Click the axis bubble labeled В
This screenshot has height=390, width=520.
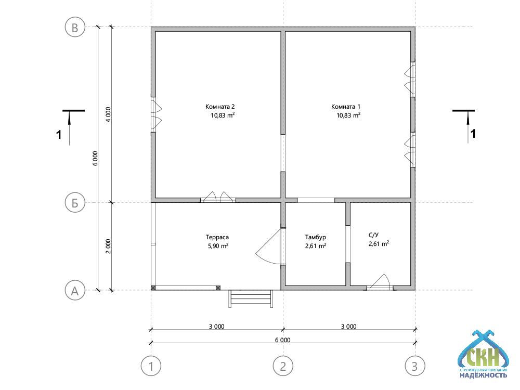click(x=75, y=27)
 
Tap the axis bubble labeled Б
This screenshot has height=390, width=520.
click(x=75, y=203)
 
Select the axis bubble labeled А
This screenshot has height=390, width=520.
click(x=75, y=290)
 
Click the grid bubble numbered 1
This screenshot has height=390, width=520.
click(x=151, y=366)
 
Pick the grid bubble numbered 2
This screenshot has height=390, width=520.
click(x=283, y=366)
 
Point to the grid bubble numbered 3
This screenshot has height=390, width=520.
click(x=415, y=366)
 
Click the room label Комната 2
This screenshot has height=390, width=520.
click(x=220, y=107)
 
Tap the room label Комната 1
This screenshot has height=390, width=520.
click(x=346, y=107)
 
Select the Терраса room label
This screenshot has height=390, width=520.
click(x=217, y=238)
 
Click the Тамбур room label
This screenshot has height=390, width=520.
click(x=316, y=238)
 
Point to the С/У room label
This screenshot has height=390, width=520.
click(x=373, y=235)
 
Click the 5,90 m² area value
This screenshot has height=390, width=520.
click(x=218, y=246)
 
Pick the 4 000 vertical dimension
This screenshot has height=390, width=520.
click(x=109, y=115)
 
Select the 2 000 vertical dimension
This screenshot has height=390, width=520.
click(x=109, y=246)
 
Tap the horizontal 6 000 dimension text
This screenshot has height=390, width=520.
click(x=282, y=340)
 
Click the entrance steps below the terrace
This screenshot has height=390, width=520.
click(x=251, y=298)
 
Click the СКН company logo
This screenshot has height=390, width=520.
click(x=483, y=354)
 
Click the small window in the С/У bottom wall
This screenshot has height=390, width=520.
click(x=380, y=283)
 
